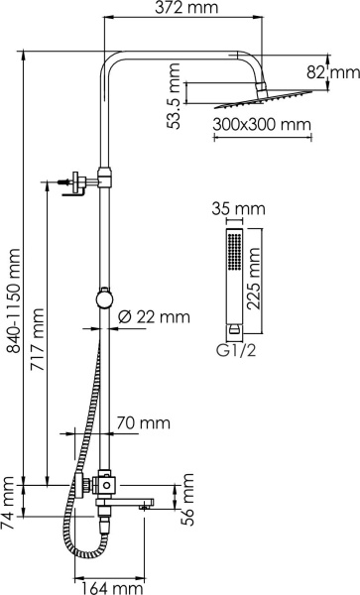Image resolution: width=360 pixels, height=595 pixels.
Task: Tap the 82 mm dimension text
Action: click(345, 71)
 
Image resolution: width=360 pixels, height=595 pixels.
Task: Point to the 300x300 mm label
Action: click(261, 126)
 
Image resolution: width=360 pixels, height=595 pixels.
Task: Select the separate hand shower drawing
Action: click(233, 278)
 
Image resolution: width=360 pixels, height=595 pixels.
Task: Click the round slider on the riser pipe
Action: click(102, 297)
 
